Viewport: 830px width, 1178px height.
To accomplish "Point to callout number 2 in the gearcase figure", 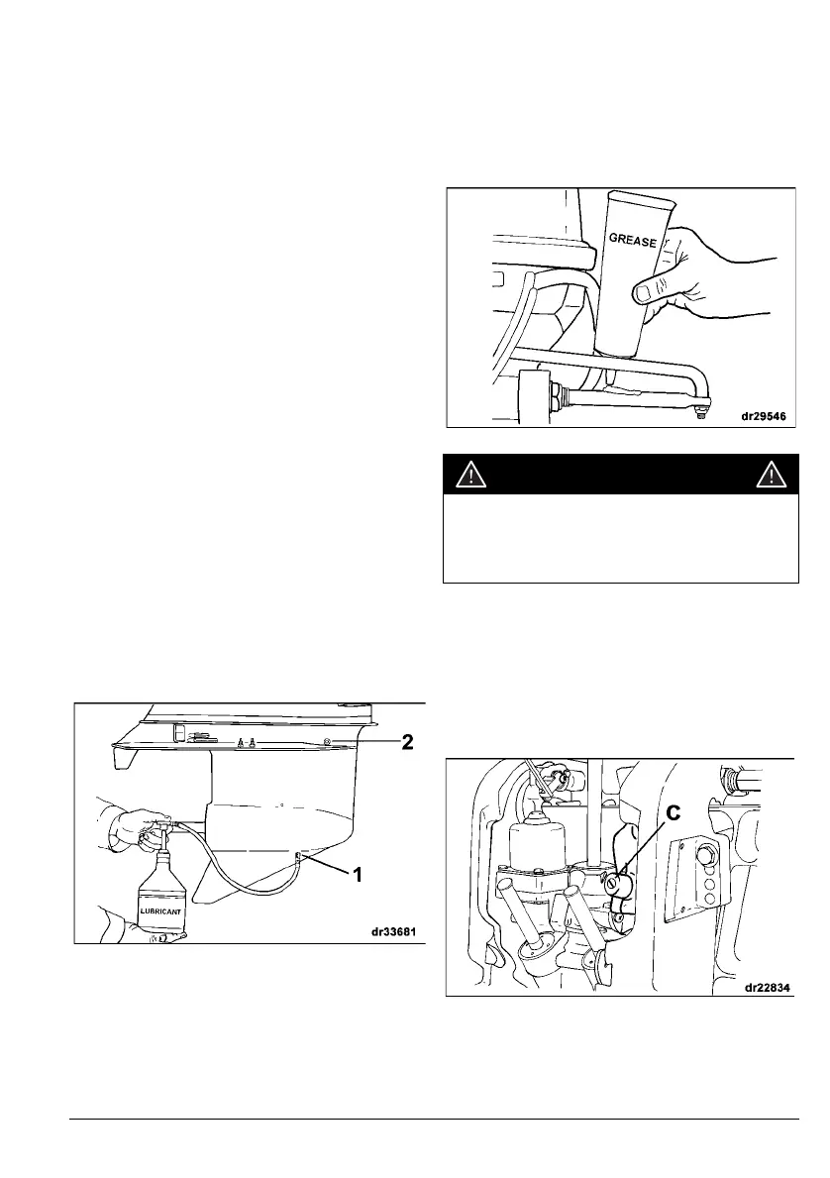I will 406,741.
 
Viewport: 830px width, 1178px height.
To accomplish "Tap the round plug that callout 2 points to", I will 327,741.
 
